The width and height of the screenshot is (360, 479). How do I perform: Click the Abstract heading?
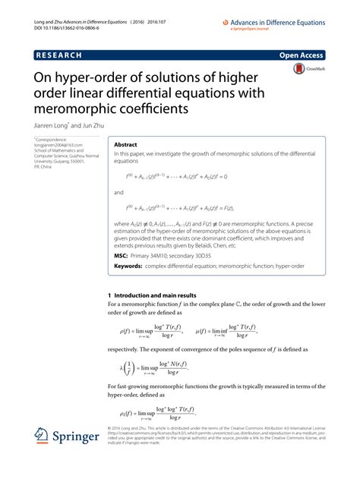[127, 144]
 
